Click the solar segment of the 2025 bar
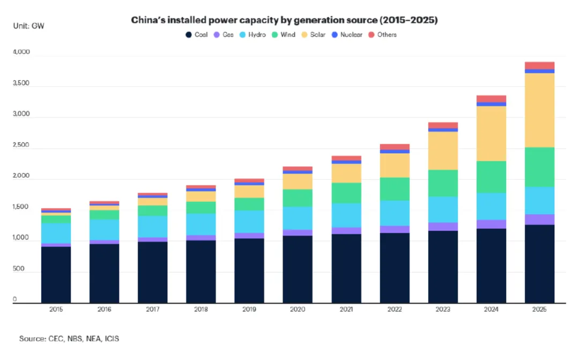coord(539,110)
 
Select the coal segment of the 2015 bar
coord(56,275)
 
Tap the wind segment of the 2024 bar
coord(491,177)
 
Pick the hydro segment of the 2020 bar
coord(298,218)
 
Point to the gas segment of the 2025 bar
coord(539,219)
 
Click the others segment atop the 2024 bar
coord(491,99)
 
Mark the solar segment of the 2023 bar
coord(443,151)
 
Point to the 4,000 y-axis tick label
coord(21,53)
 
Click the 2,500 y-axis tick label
coord(21,146)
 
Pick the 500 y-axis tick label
coord(19,269)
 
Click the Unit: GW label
coord(28,25)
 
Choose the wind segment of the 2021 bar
coord(346,193)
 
